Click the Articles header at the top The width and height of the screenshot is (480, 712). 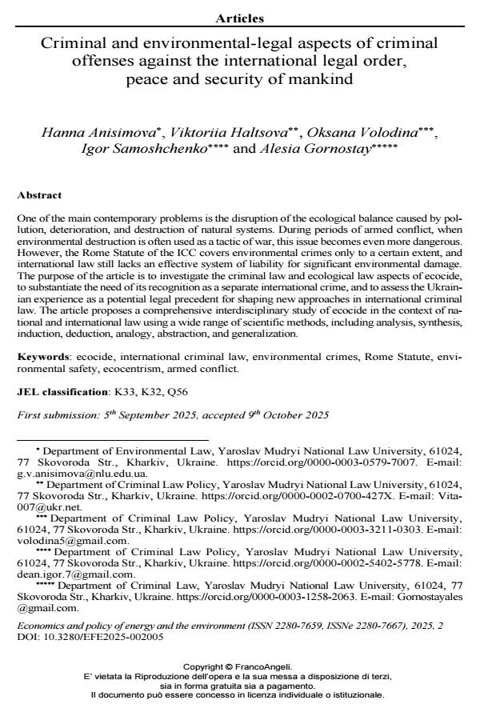[240, 18]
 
